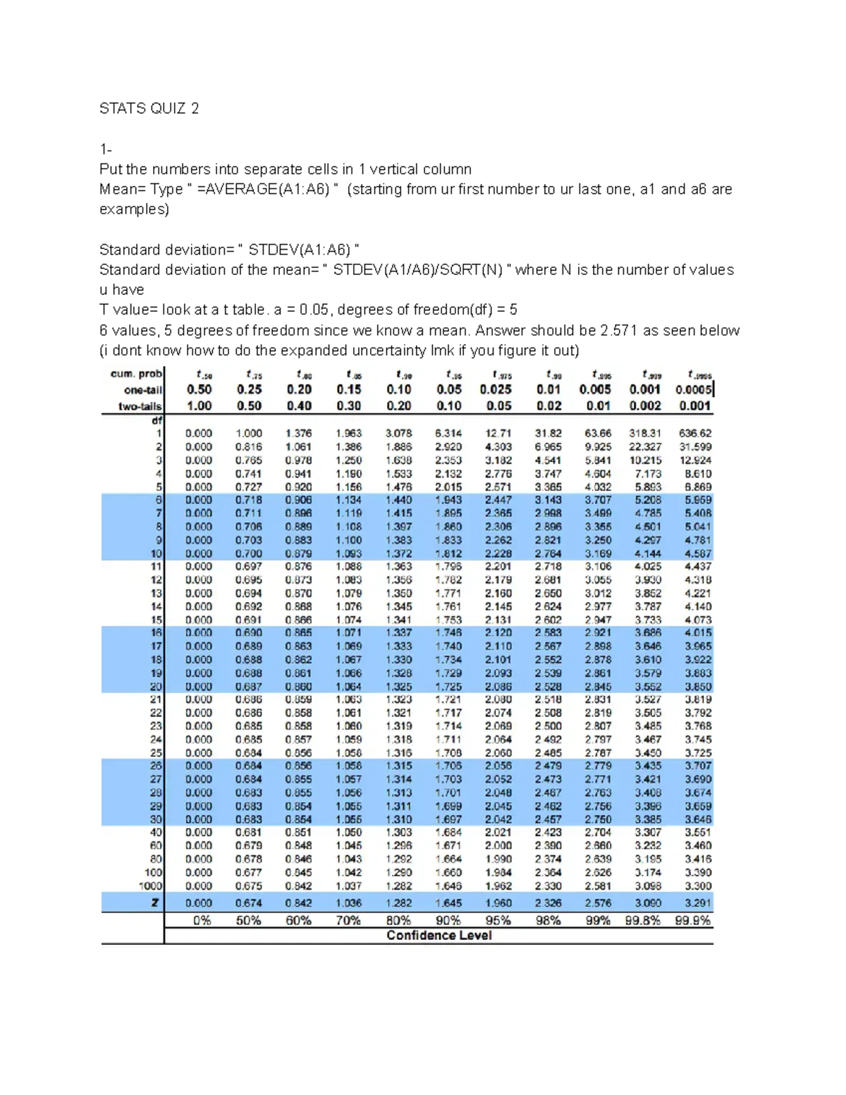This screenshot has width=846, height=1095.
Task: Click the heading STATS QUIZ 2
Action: pos(149,109)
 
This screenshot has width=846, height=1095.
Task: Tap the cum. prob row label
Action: pos(136,374)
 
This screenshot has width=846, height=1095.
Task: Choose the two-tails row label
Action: pos(140,406)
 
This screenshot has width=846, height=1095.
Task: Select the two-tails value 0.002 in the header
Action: pos(644,406)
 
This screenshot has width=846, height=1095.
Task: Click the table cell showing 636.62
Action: pos(695,434)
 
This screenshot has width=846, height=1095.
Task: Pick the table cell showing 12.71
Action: pos(498,434)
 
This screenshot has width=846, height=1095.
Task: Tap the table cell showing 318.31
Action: pos(645,434)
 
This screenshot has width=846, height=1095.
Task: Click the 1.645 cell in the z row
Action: pos(448,903)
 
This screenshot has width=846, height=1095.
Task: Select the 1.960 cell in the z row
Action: pos(498,903)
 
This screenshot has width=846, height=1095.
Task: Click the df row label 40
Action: pos(156,833)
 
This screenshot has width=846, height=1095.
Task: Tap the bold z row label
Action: pos(156,903)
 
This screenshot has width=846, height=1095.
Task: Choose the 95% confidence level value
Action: pos(498,921)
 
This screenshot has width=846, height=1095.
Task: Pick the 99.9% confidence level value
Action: pos(693,921)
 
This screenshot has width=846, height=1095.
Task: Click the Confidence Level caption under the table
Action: pos(439,936)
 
